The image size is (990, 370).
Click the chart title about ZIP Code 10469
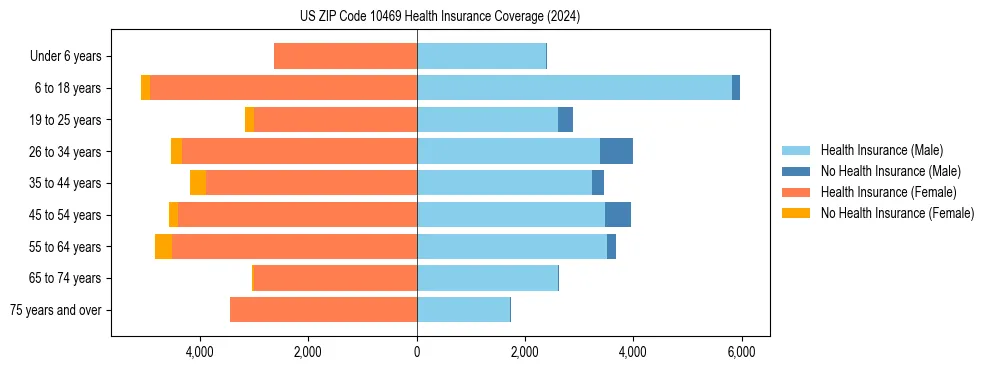coord(439,16)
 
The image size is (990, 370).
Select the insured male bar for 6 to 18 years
coord(574,88)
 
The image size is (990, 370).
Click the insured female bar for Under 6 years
coord(345,57)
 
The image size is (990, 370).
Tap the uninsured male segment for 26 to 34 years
coord(616,151)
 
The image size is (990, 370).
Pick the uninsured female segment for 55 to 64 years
coord(163,246)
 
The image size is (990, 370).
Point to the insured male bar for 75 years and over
coord(463,310)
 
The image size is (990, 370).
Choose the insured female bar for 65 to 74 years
coord(336,278)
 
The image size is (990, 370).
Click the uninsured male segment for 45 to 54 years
coord(618,215)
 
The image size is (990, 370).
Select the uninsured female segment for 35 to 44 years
coord(198,183)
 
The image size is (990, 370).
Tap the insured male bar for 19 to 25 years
coord(487,120)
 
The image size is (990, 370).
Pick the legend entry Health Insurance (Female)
coord(880,192)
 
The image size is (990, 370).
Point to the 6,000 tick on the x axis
coord(741,352)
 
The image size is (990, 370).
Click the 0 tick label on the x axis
coord(417,352)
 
